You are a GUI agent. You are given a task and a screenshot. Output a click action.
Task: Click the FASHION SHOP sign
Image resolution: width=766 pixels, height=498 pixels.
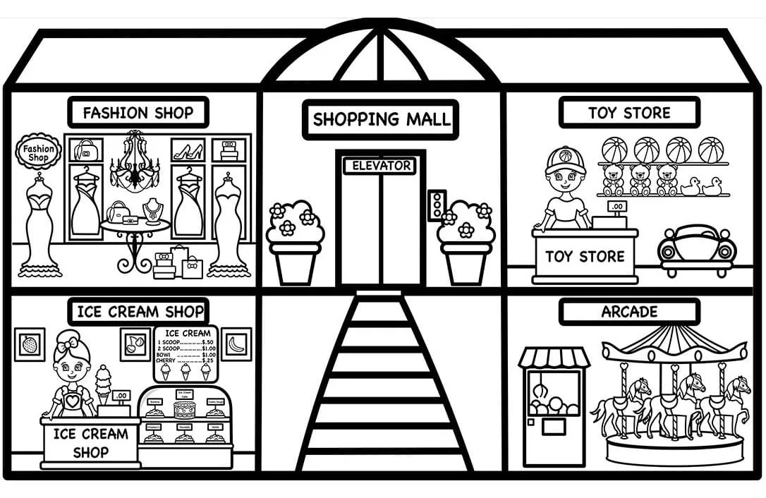(x=138, y=113)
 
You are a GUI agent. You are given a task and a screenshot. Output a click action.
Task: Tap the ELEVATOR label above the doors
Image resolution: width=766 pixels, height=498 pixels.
(x=381, y=166)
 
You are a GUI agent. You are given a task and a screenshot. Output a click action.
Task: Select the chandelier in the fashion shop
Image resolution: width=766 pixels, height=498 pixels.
(x=134, y=162)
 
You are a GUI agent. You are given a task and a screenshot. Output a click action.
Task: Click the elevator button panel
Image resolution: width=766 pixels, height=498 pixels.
(x=437, y=205)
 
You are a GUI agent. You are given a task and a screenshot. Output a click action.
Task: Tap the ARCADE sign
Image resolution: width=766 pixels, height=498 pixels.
(x=629, y=312)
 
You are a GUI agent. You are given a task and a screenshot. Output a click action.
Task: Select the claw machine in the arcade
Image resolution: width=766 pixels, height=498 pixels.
(x=554, y=406)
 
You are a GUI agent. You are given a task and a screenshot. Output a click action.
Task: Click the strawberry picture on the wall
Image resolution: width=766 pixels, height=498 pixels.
(x=30, y=345)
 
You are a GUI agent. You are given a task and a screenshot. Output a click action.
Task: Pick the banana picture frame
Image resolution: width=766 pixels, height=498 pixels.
(x=236, y=344)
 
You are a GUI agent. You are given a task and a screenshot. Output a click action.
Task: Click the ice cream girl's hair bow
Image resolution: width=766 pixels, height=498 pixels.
(x=70, y=345)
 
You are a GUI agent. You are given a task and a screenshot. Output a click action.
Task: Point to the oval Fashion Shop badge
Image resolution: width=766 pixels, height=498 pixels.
(x=38, y=153)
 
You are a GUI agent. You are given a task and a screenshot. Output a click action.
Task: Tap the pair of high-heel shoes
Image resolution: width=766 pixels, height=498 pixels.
(x=188, y=150)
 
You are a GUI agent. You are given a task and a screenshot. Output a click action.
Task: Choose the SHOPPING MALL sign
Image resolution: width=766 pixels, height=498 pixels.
(x=381, y=119)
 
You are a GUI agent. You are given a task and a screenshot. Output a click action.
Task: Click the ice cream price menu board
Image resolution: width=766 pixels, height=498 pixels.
(x=186, y=353)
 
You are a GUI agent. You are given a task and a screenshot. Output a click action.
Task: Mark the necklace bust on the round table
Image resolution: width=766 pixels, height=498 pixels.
(x=152, y=211)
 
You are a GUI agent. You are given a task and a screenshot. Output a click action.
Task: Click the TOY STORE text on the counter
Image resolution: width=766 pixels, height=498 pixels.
(x=585, y=257)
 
